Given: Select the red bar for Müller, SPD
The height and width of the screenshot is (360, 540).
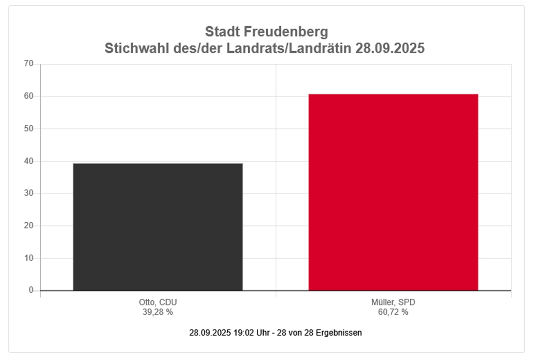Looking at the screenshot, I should click(393, 192).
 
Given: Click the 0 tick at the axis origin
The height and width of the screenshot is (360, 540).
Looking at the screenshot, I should click(31, 290).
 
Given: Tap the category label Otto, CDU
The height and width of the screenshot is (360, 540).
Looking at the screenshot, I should click(158, 303).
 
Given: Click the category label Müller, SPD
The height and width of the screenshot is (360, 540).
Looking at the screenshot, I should click(393, 303).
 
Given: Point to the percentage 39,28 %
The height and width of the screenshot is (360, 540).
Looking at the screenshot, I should click(158, 312).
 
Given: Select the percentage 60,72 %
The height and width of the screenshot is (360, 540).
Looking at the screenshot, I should click(393, 312).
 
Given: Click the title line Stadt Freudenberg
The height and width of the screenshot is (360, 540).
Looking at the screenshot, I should click(266, 32).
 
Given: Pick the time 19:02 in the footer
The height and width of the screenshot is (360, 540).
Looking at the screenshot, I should click(242, 333).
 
